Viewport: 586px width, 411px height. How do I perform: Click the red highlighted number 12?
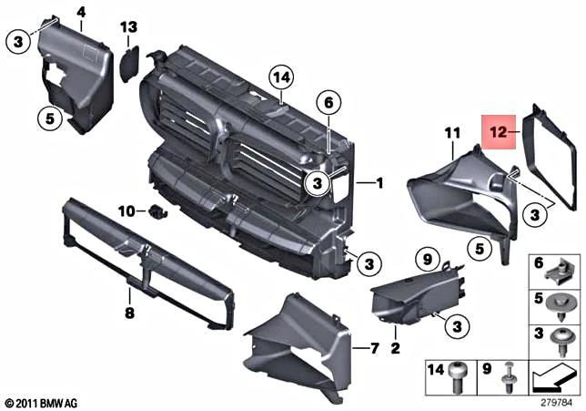point(500,133)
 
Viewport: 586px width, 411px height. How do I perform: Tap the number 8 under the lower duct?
point(129,312)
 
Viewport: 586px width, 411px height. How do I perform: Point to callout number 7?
point(373,348)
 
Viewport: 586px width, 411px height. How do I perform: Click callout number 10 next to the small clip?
point(126,211)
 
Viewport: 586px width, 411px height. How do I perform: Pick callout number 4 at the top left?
point(81,12)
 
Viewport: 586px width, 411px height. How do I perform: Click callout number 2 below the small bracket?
point(395,347)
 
